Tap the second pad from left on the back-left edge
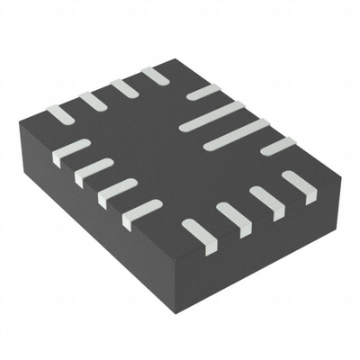[91, 101]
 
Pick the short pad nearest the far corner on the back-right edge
[203, 92]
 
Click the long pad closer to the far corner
[212, 116]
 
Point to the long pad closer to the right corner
[236, 133]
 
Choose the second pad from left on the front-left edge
[94, 171]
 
